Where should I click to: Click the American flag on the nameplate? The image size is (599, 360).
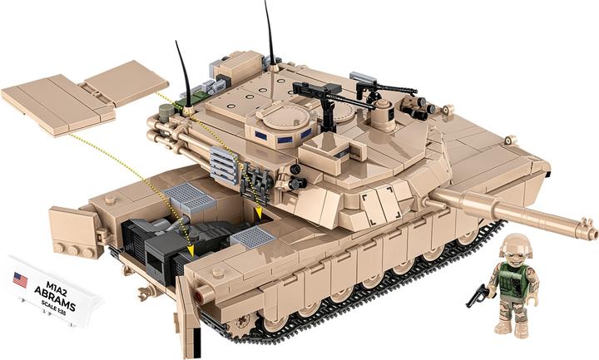coord(20,279)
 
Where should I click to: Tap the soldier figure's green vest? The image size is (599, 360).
coord(514,281)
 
